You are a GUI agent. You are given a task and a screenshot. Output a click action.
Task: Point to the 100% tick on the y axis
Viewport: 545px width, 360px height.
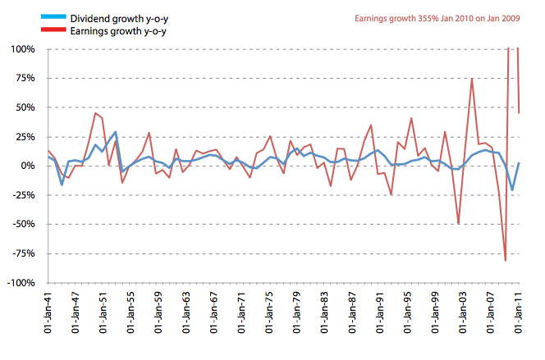tap(22, 49)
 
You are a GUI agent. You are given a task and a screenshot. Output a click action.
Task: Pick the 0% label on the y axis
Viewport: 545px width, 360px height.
tap(28, 166)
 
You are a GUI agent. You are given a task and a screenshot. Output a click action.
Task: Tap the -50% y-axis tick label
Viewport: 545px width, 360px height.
tap(22, 224)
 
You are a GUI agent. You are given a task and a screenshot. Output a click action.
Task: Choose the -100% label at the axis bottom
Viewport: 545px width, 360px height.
tap(20, 282)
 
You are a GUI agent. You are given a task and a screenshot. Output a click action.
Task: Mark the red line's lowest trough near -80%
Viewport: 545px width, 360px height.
tap(506, 261)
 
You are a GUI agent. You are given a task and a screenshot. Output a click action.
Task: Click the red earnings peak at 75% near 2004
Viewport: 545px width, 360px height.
tap(472, 79)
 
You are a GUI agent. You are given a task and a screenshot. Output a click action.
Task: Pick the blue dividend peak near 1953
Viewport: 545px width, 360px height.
tap(116, 132)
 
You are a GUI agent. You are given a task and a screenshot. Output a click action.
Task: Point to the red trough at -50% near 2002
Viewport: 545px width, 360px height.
tap(458, 223)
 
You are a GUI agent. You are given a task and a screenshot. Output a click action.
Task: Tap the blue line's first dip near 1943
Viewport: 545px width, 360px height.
tap(62, 185)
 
